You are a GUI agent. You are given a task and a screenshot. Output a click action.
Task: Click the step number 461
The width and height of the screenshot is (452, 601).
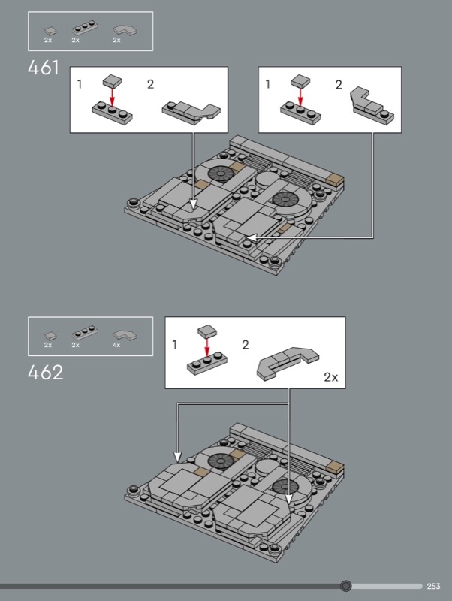44,68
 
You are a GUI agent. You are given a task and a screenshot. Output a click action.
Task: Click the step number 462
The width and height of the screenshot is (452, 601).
45,373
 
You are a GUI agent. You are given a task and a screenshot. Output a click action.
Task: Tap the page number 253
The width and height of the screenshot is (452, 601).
434,586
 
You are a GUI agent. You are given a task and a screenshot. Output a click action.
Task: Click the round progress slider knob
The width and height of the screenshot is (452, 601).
346,586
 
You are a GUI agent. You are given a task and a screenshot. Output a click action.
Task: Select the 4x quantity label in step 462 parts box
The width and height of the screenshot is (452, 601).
116,345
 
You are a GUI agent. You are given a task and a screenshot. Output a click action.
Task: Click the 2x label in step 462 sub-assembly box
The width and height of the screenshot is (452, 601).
331,377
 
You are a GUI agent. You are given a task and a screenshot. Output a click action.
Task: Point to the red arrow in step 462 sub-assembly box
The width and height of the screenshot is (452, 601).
207,347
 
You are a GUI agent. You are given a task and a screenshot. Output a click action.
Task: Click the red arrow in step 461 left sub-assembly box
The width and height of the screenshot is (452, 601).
112,97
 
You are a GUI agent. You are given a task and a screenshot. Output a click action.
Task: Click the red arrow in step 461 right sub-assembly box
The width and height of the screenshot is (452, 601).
300,97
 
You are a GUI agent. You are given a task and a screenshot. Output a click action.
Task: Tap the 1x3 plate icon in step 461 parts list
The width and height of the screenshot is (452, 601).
85,28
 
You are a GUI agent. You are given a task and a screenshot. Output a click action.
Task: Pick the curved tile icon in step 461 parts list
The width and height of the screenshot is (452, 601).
125,30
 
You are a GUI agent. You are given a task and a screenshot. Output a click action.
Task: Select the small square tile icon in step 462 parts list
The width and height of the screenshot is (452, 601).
50,336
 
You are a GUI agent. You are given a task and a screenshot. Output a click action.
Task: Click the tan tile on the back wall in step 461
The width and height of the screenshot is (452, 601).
334,180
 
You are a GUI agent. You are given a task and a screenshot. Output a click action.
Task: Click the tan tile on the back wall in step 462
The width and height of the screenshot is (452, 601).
334,467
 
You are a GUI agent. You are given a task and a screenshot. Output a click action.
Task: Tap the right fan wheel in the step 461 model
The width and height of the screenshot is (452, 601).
286,199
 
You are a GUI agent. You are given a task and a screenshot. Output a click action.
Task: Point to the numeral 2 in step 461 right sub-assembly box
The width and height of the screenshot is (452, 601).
339,84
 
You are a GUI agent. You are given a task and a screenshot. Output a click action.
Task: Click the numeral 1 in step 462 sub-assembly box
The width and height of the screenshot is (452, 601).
175,345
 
